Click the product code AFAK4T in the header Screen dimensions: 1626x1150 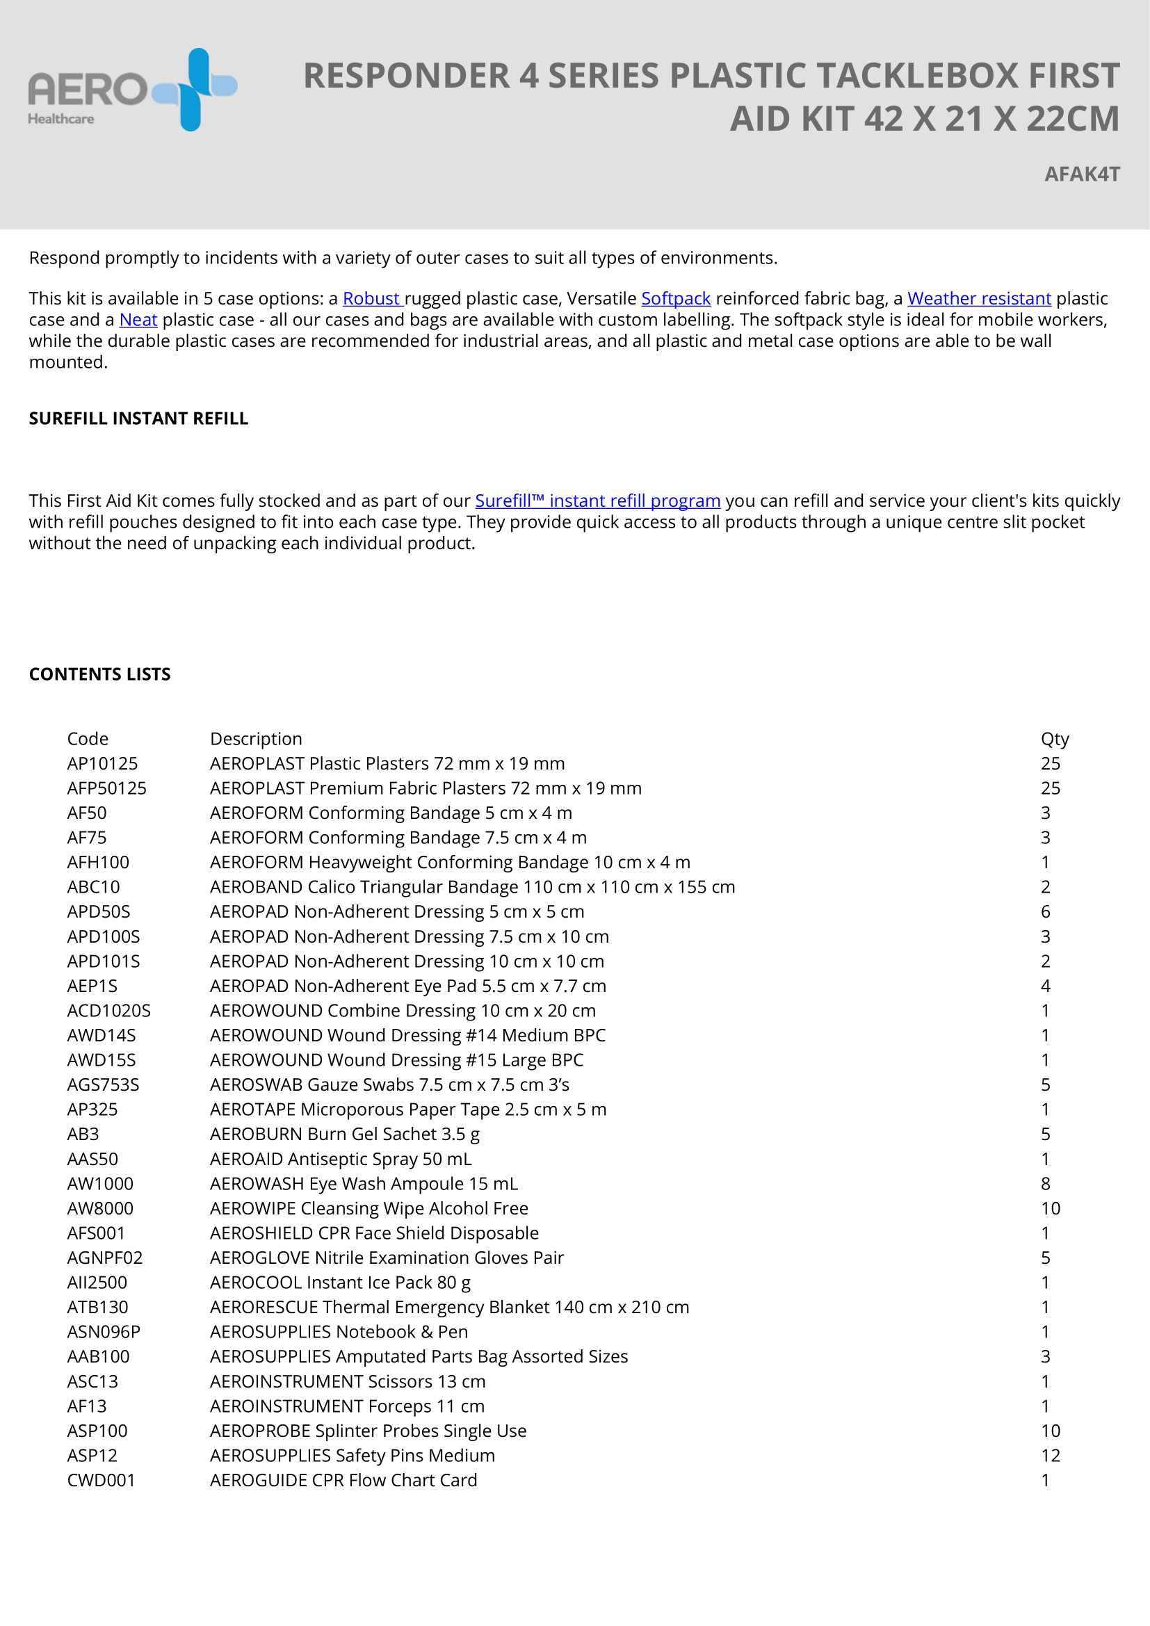(x=1081, y=174)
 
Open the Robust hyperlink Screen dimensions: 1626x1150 (x=373, y=298)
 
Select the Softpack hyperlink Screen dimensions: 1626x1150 (x=676, y=298)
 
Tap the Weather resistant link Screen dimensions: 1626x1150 (x=979, y=298)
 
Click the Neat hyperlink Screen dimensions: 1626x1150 (x=138, y=319)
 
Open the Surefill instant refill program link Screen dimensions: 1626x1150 (x=598, y=501)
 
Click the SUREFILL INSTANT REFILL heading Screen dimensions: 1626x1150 (x=139, y=418)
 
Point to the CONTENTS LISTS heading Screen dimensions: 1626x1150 (x=100, y=674)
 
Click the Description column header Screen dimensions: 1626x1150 (x=256, y=739)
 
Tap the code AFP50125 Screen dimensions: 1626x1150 (x=107, y=788)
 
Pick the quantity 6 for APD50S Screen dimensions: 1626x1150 (x=1045, y=911)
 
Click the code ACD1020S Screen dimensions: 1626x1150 (x=109, y=1011)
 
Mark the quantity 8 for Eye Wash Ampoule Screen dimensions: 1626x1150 (x=1045, y=1183)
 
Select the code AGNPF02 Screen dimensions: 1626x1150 (x=105, y=1258)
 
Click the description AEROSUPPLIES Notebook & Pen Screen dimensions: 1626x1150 (x=339, y=1331)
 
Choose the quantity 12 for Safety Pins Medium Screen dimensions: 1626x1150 (x=1050, y=1455)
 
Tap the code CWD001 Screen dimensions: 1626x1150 (x=102, y=1480)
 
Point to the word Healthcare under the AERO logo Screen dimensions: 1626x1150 (x=61, y=119)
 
